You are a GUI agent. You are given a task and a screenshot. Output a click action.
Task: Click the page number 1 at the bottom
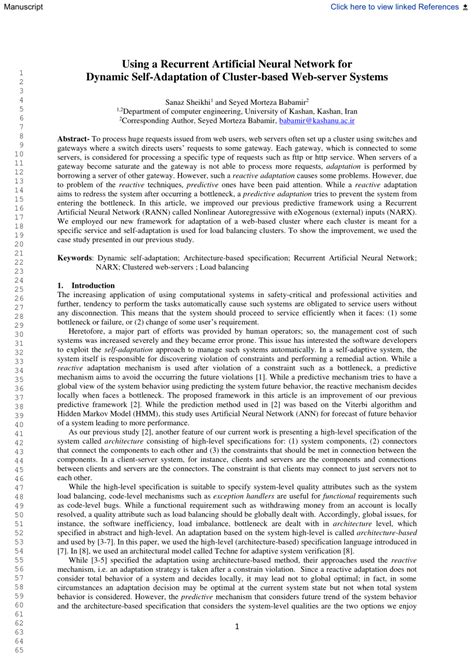tap(236, 626)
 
